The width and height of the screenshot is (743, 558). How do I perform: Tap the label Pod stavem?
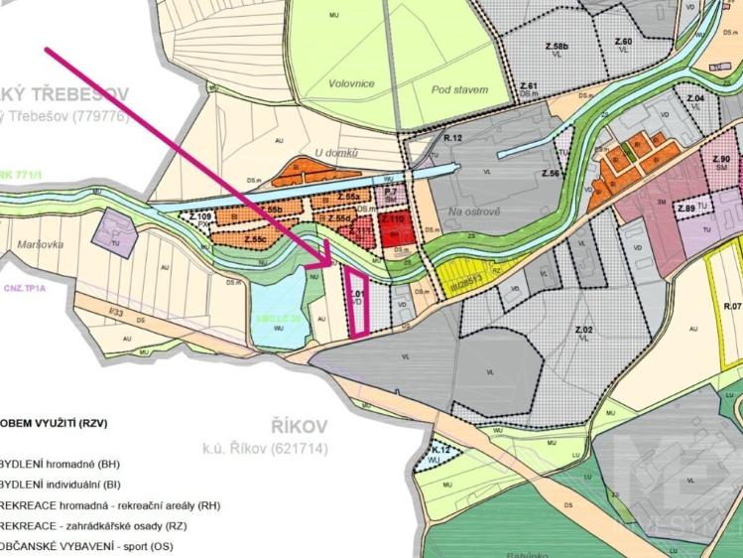(x=459, y=89)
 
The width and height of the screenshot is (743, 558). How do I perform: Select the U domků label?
(x=334, y=152)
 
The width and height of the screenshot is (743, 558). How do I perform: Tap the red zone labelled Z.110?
(x=396, y=223)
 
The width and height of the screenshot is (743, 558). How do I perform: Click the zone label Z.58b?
(x=557, y=47)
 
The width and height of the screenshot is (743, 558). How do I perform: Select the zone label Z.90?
(x=721, y=159)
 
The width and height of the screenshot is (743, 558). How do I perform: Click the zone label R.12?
(x=454, y=137)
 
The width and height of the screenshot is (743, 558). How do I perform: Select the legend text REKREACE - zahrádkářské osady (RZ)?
(x=109, y=526)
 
